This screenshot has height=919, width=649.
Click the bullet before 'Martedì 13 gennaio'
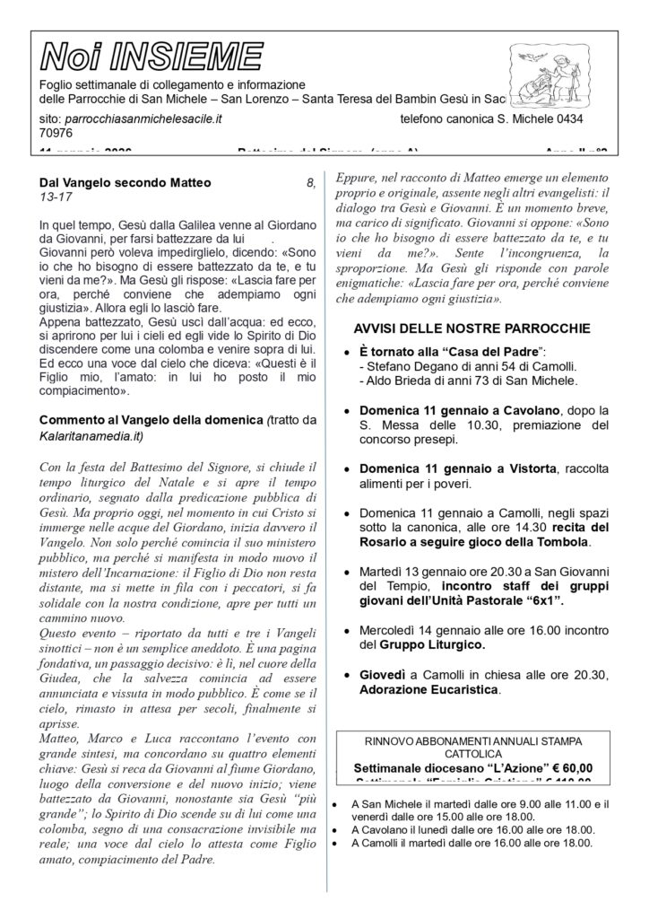click(347, 571)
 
